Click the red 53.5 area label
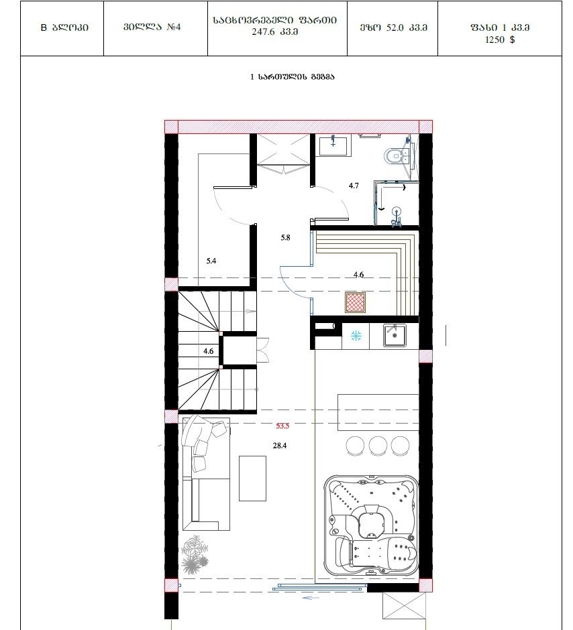[282, 426]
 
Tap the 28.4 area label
[280, 446]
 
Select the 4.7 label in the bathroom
[354, 186]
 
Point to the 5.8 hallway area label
[286, 238]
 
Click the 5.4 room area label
[211, 261]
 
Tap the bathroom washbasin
[335, 145]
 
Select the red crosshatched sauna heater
[356, 302]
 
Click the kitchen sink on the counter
[395, 335]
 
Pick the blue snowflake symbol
[356, 336]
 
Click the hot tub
[371, 526]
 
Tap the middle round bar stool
[378, 446]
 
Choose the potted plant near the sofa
[195, 555]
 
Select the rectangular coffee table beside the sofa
[252, 478]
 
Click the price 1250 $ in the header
[500, 40]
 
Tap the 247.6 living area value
[264, 31]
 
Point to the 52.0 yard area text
[395, 27]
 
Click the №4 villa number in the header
[174, 27]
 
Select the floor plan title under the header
[293, 77]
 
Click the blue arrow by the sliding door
[311, 598]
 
